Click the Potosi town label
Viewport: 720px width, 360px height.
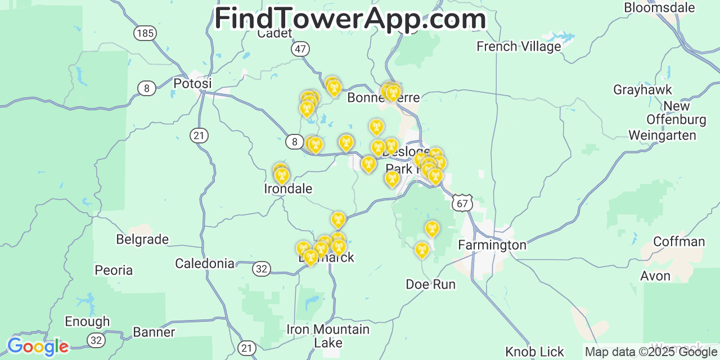pos(192,84)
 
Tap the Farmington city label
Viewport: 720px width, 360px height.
pos(492,245)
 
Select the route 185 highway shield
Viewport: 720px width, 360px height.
pos(145,33)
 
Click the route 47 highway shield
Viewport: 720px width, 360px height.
pos(300,49)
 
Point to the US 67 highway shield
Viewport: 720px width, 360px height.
pos(462,203)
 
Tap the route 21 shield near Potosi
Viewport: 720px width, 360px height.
pos(199,136)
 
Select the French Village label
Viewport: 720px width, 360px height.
pos(519,47)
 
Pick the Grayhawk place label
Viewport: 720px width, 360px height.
pos(642,90)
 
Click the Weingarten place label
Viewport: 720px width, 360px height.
pos(662,136)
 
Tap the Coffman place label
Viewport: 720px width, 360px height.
pos(679,242)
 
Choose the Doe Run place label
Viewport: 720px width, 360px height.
pos(430,285)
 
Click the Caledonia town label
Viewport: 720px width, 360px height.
pos(205,263)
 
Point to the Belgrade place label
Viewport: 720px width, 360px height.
pos(142,240)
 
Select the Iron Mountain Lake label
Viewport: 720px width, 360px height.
pos(328,336)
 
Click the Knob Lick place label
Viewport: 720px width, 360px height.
pos(534,352)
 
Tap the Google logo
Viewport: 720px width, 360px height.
pos(38,346)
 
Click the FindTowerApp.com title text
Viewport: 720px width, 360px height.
pos(350,19)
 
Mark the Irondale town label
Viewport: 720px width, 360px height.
pos(288,189)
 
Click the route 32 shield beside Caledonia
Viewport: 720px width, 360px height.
pos(261,269)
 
